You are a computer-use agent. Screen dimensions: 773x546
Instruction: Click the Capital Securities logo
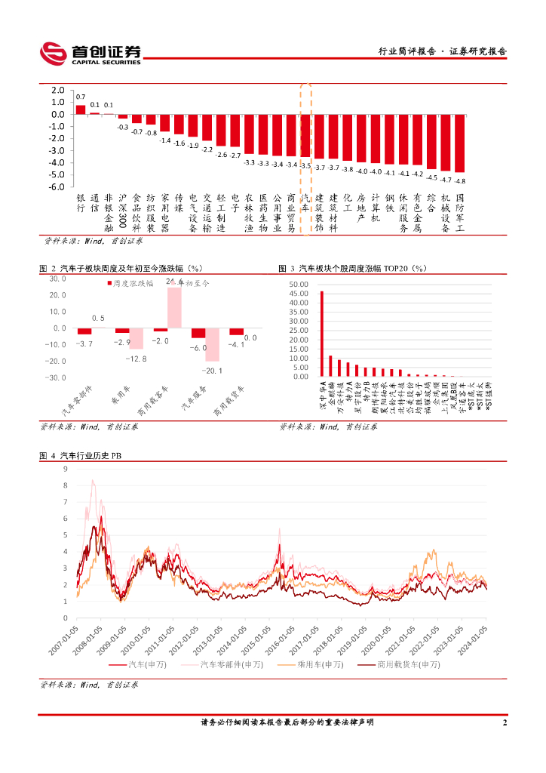[90, 53]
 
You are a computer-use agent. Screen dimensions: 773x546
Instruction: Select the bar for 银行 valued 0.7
[81, 109]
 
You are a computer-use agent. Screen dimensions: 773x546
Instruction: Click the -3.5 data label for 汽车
[305, 165]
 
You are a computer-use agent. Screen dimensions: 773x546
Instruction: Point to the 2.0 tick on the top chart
[58, 91]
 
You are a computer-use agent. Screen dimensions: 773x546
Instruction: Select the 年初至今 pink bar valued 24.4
[174, 307]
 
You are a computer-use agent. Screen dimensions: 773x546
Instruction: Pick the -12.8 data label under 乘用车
[136, 358]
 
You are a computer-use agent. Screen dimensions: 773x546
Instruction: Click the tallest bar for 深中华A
[322, 334]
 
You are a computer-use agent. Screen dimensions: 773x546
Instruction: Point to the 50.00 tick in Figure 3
[299, 284]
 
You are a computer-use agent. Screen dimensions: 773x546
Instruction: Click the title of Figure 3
[353, 268]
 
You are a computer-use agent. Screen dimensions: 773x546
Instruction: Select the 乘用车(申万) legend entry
[310, 664]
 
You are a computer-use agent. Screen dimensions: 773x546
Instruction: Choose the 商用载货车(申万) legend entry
[399, 664]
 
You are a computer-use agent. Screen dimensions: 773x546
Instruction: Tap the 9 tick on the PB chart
[66, 468]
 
